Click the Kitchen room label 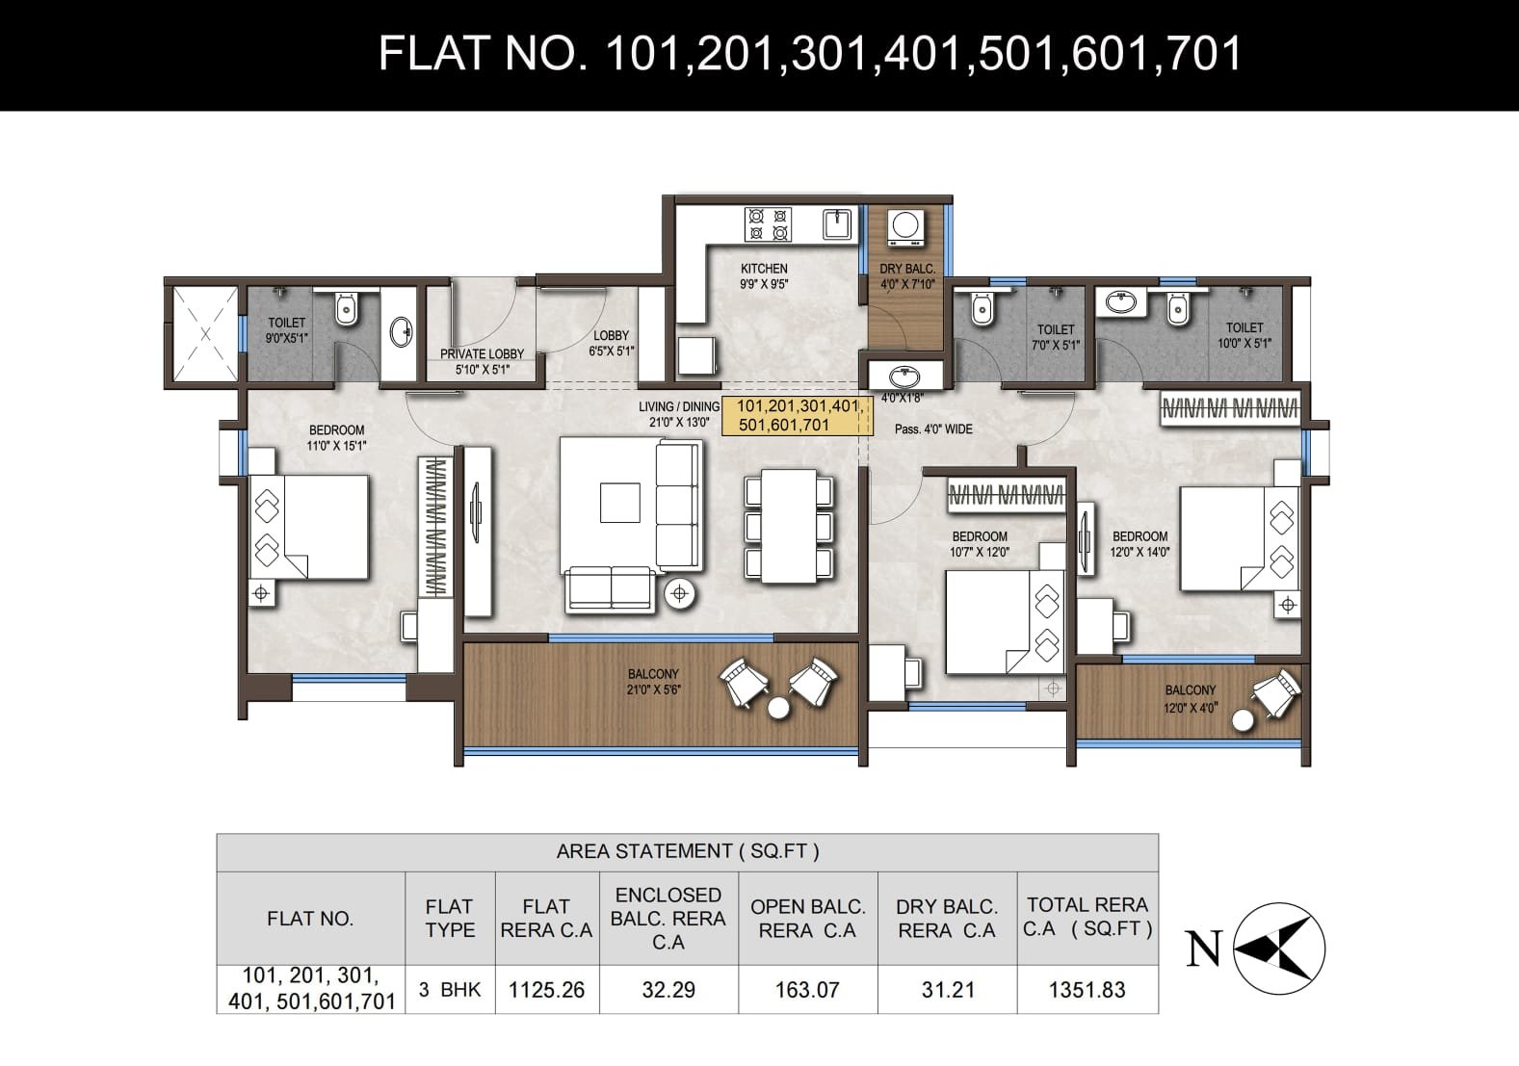coord(764,276)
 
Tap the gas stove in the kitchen coord(769,224)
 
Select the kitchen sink coord(837,224)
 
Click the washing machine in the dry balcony coord(906,227)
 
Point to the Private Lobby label coord(483,361)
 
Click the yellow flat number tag coord(797,416)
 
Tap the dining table coord(789,526)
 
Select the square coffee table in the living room coord(619,503)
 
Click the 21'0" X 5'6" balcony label coord(653,682)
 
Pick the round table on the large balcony coord(778,708)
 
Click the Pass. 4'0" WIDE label coord(933,429)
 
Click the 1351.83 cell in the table coord(1087,990)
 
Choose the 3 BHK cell coord(450,990)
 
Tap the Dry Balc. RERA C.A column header coord(947,918)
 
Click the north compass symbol coord(1279,949)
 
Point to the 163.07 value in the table coord(807,990)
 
